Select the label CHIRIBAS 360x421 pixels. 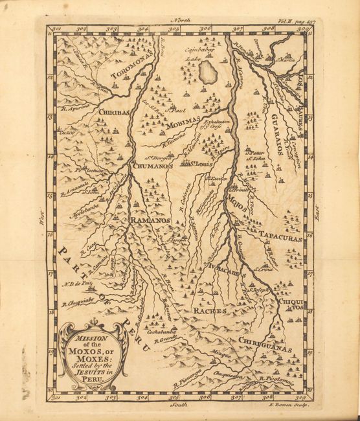(x=114, y=112)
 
